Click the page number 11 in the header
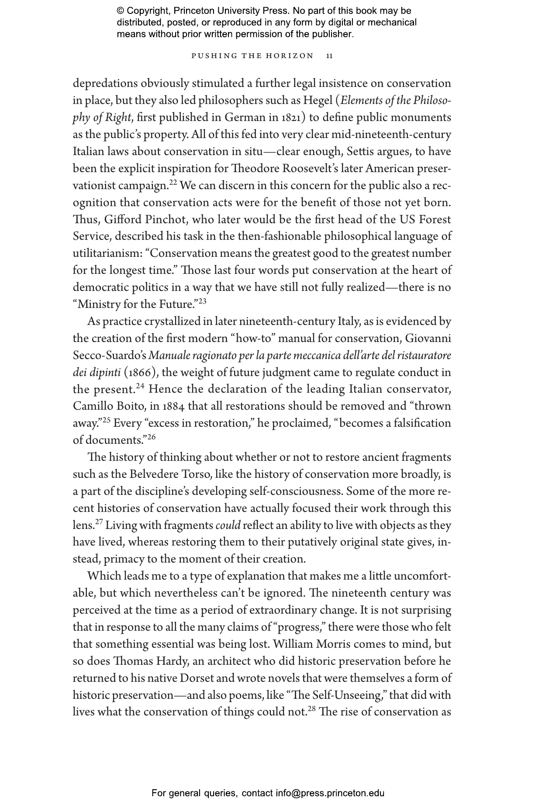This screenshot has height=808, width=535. pyautogui.click(x=330, y=56)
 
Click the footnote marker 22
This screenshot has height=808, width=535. pyautogui.click(x=173, y=183)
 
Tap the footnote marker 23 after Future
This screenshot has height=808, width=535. pyautogui.click(x=202, y=301)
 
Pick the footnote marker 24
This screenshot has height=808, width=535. pyautogui.click(x=140, y=386)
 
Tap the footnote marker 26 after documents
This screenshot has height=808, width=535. pyautogui.click(x=151, y=437)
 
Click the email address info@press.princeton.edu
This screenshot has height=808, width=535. pyautogui.click(x=330, y=793)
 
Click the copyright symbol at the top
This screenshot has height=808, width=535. pyautogui.click(x=121, y=11)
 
